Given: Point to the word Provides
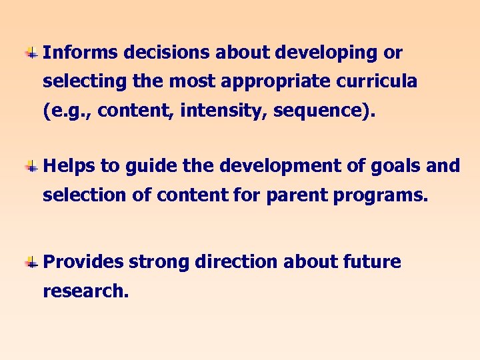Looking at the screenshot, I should tap(83, 262).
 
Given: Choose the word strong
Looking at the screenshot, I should tap(159, 262).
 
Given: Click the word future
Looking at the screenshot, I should tap(373, 262).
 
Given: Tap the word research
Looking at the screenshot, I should tap(85, 292).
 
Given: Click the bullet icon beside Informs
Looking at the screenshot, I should tap(31, 53).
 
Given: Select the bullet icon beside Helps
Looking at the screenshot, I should tap(31, 166).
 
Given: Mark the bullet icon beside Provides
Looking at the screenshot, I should tap(31, 263).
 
